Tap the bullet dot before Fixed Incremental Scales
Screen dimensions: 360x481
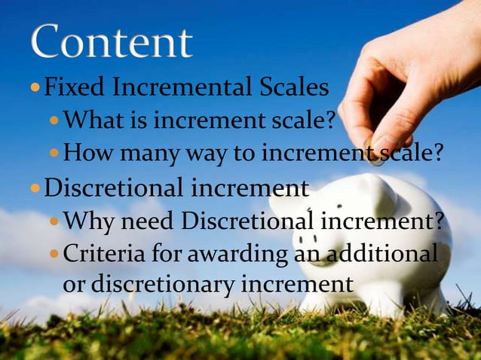pyautogui.click(x=35, y=90)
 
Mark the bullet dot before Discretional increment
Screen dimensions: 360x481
pyautogui.click(x=35, y=188)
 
